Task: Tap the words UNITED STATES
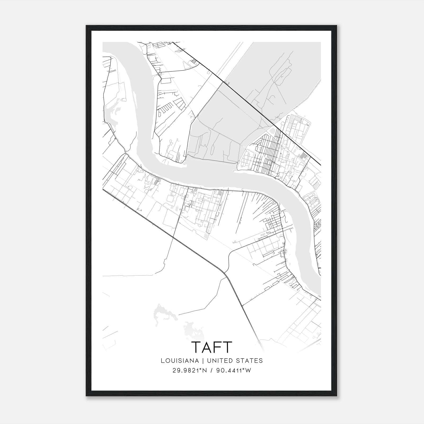click(235, 360)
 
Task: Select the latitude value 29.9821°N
click(190, 370)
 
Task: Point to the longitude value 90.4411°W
click(233, 370)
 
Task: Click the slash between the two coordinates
click(212, 370)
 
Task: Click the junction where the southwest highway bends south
click(225, 273)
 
